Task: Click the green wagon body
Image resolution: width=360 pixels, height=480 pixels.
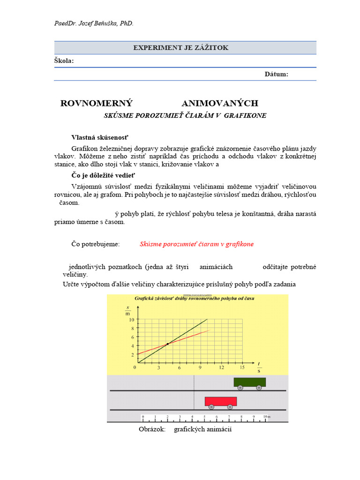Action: [249, 382]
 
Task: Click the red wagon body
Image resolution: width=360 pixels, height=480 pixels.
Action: [220, 401]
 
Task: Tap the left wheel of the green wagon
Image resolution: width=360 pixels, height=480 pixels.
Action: [240, 388]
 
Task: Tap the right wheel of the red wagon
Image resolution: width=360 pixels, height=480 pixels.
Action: [230, 407]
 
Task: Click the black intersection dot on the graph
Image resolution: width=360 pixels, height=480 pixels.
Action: [167, 344]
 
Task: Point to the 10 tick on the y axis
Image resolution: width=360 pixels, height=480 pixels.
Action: [132, 320]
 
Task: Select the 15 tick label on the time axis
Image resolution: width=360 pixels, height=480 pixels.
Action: [242, 367]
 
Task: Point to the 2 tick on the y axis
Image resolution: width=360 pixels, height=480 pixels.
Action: [132, 354]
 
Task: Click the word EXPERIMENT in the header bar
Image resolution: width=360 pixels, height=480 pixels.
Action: [154, 48]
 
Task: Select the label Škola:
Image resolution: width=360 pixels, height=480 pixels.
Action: [64, 61]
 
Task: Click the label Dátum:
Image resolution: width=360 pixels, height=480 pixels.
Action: [276, 74]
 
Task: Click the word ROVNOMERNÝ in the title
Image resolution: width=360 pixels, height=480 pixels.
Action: [97, 104]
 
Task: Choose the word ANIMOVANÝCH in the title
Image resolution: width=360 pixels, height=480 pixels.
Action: [219, 104]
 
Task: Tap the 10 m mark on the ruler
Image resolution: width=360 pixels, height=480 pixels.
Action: [266, 416]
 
